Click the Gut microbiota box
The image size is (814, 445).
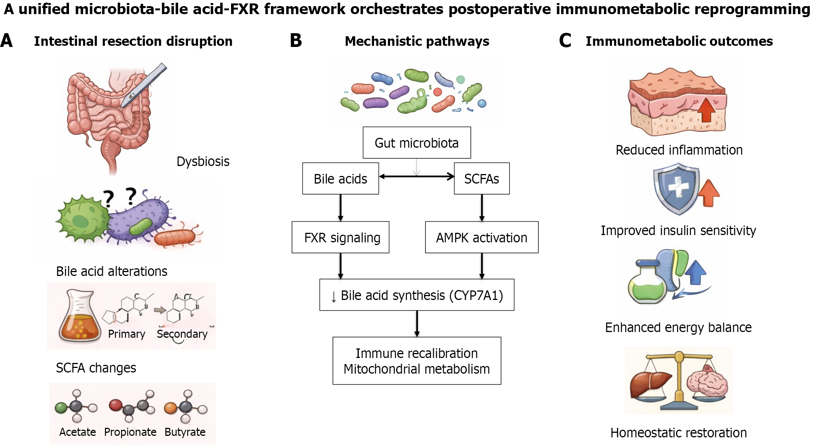[417, 143]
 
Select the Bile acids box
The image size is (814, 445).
[340, 179]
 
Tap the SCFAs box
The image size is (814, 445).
[482, 179]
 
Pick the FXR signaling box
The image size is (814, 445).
[340, 237]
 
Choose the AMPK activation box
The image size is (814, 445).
[482, 237]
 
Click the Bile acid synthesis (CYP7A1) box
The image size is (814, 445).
[417, 295]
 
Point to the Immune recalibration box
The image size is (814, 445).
[417, 361]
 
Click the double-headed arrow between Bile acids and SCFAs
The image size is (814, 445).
[417, 176]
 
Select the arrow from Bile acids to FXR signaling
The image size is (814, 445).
[340, 208]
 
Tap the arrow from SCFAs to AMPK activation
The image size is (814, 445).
[482, 208]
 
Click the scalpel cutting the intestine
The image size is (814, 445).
[145, 85]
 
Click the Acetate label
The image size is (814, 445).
[77, 432]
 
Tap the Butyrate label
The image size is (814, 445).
[185, 432]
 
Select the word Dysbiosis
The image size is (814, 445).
[203, 161]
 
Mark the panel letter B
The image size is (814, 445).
[296, 41]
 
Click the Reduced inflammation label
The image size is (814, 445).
[679, 150]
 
